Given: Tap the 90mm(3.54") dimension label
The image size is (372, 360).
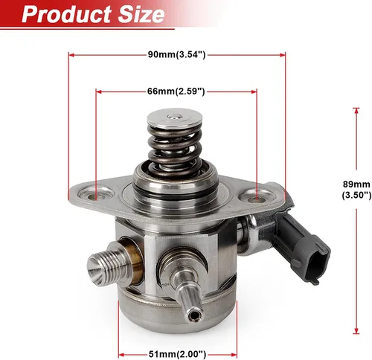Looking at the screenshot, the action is (x=176, y=54).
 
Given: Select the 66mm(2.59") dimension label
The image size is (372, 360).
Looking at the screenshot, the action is (x=176, y=91).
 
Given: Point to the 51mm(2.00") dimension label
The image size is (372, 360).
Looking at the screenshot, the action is (x=177, y=353).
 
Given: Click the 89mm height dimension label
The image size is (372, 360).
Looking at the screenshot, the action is (x=356, y=190).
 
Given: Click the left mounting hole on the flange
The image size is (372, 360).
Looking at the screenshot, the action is (x=95, y=196).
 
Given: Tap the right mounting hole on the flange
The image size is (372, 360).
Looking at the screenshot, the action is (x=257, y=198).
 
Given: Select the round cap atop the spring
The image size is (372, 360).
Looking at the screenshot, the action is (x=174, y=118).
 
